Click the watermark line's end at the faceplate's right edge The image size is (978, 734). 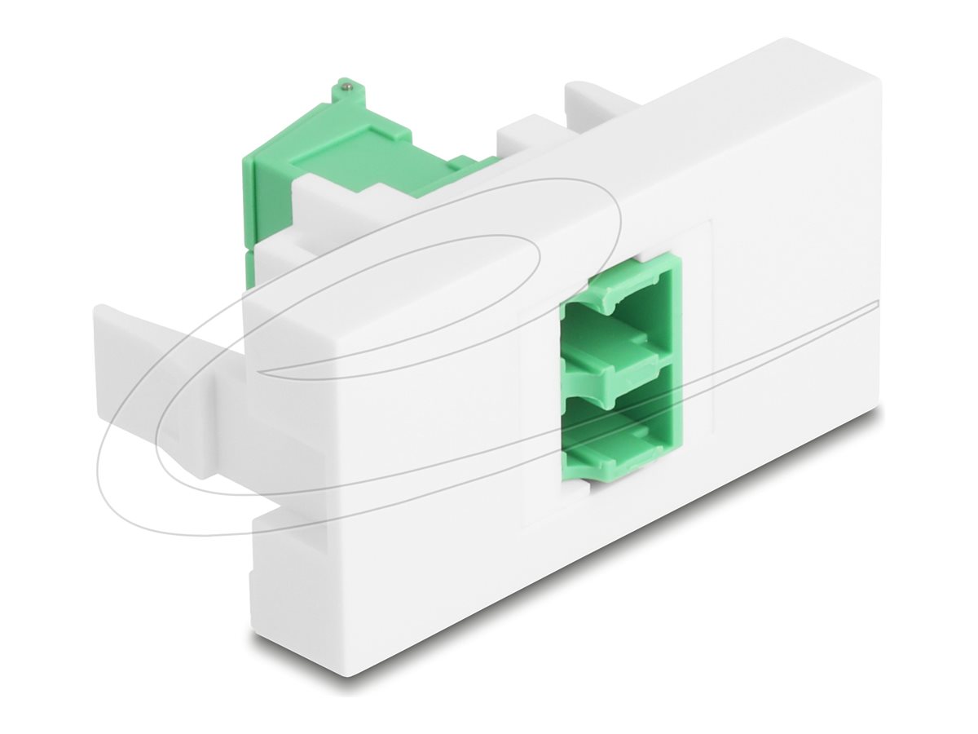point(878,304)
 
